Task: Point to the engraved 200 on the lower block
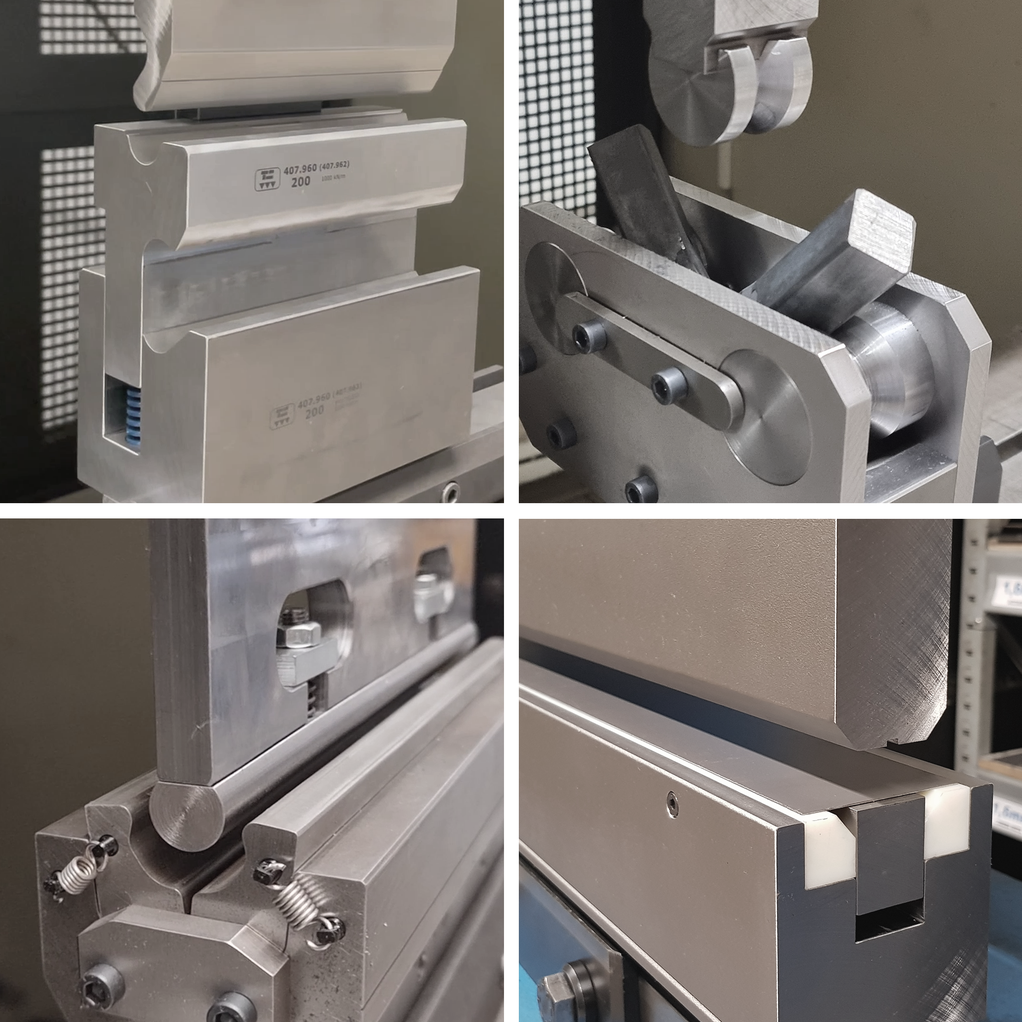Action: [x=315, y=413]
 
